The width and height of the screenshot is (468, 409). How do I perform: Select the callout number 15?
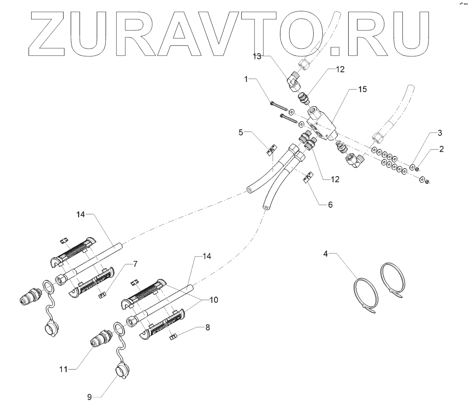[x=362, y=90]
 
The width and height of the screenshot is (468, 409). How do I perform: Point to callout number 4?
[x=325, y=253]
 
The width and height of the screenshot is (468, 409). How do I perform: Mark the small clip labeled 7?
[x=101, y=295]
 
